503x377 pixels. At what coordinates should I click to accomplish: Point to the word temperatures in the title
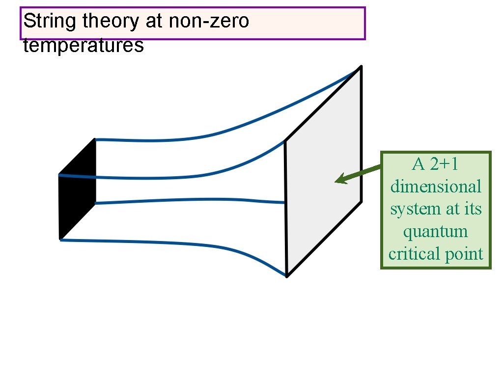click(x=84, y=46)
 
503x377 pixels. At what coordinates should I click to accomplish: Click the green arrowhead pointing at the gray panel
click(x=340, y=180)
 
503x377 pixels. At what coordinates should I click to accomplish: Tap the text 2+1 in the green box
click(x=444, y=164)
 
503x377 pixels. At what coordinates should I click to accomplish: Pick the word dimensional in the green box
click(x=436, y=187)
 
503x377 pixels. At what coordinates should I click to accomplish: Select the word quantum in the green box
click(x=436, y=231)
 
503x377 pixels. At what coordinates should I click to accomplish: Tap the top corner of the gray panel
click(x=361, y=66)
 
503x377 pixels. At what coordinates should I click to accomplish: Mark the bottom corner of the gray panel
click(x=287, y=276)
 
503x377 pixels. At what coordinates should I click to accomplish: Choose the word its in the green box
click(x=473, y=209)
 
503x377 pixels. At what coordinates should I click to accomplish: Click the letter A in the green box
click(x=419, y=164)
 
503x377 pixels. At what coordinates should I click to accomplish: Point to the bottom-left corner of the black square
click(x=60, y=239)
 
